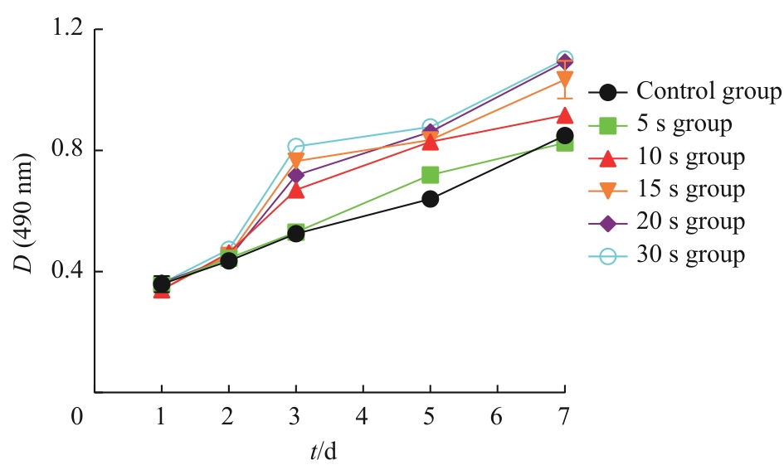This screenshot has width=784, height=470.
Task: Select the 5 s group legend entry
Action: point(684,124)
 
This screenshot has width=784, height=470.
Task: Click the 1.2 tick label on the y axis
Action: point(66,30)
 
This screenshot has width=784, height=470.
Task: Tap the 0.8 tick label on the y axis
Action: point(66,151)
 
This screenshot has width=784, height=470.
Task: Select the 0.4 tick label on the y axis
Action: point(66,272)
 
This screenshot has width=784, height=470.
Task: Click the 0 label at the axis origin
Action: point(76,415)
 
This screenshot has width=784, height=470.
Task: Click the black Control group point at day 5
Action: point(430,199)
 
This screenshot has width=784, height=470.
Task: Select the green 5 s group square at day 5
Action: point(430,175)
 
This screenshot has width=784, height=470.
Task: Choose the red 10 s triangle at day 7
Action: point(564,116)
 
